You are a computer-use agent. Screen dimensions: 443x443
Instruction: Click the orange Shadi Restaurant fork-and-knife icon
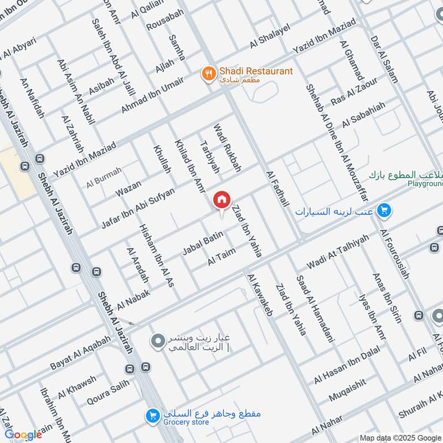click(x=208, y=74)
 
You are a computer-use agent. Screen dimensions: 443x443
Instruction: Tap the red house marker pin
click(x=222, y=200)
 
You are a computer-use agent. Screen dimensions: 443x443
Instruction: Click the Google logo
click(x=23, y=434)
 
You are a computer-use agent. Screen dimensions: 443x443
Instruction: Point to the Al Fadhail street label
click(x=278, y=192)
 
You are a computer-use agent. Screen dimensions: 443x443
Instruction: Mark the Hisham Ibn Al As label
click(x=157, y=255)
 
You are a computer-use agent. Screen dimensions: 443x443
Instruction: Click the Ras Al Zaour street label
click(x=354, y=93)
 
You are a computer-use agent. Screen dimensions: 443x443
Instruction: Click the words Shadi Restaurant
click(x=256, y=71)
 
